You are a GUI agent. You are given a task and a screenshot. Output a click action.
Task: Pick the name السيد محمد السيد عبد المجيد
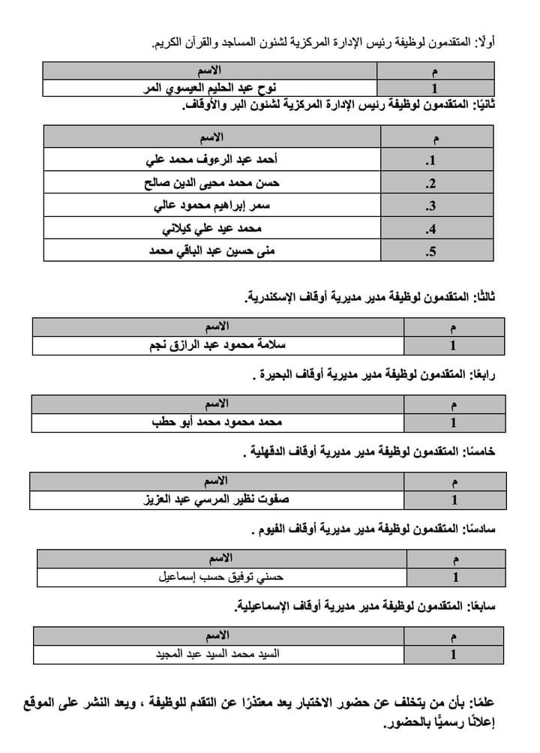click(x=215, y=653)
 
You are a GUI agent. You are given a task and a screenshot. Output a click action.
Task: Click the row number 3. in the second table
click(x=431, y=205)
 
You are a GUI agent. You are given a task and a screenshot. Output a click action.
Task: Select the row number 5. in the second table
click(x=431, y=251)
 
